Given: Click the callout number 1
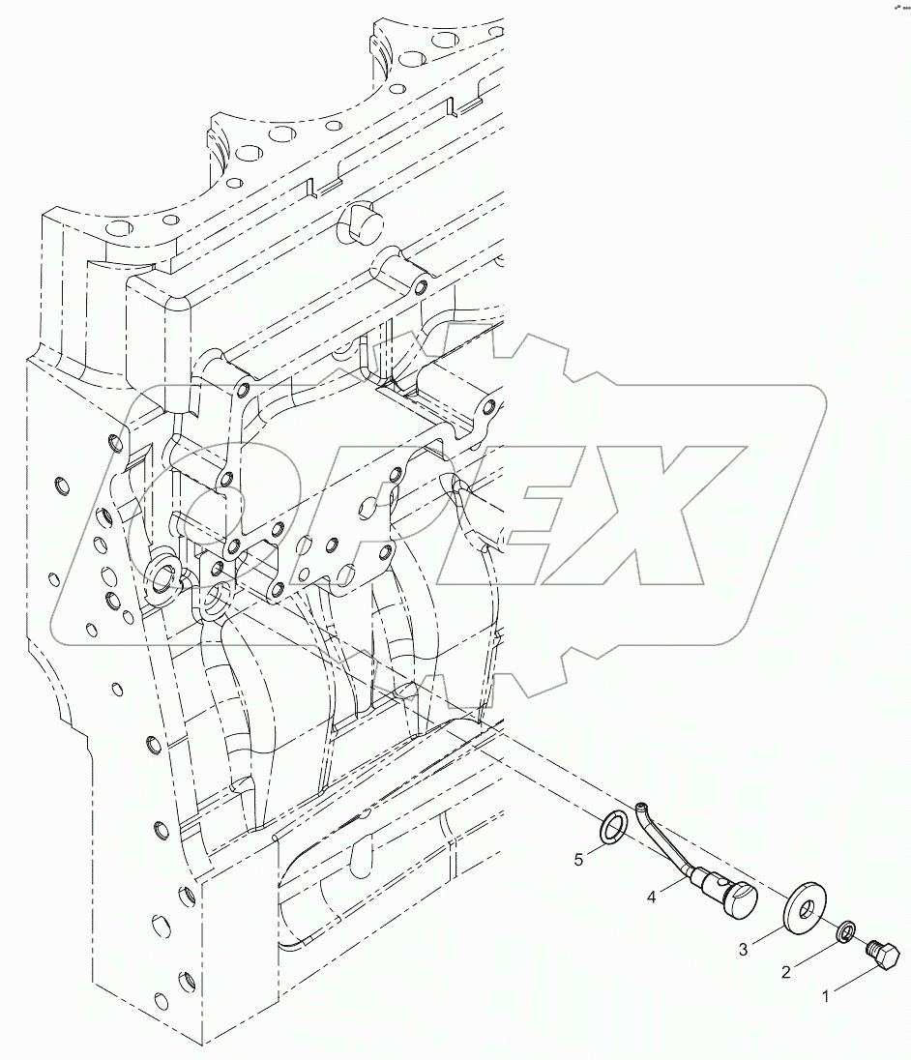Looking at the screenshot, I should click(825, 995).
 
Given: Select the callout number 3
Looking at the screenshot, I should click(744, 951).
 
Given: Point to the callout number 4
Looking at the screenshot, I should click(652, 898).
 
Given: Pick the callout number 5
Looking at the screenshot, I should click(578, 858).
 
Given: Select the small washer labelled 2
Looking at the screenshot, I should click(844, 932).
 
